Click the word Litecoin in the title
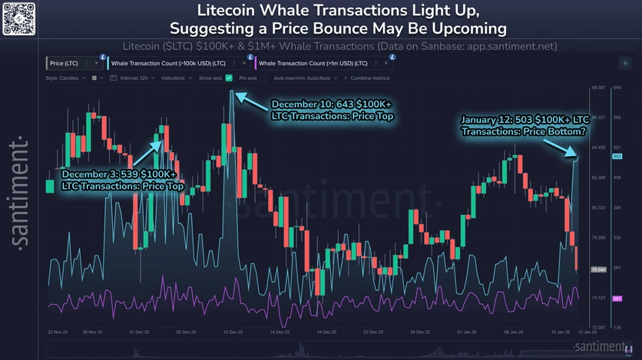[x=230, y=12]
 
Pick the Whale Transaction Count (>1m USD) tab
[x=313, y=62]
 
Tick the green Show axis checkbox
[x=229, y=78]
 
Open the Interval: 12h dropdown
[x=134, y=78]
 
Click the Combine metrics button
[x=368, y=78]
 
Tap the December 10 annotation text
[x=332, y=110]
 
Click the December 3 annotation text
[x=119, y=180]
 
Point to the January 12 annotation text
[x=525, y=125]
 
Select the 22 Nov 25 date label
[x=58, y=332]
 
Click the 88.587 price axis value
[x=599, y=88]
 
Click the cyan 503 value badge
[x=617, y=157]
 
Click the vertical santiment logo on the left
[x=21, y=193]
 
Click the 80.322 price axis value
[x=599, y=208]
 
